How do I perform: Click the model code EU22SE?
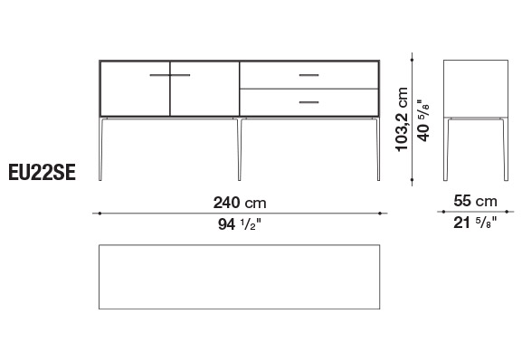(x=42, y=173)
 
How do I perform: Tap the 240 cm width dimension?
(x=240, y=203)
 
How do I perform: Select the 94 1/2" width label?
(x=240, y=224)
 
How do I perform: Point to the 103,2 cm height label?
(x=402, y=119)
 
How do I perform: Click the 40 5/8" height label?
(x=423, y=120)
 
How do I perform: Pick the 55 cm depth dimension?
(x=475, y=201)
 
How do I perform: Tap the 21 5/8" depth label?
(x=475, y=223)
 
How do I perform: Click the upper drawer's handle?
(x=308, y=75)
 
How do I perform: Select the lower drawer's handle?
(x=308, y=102)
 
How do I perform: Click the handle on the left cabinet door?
(x=160, y=75)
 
